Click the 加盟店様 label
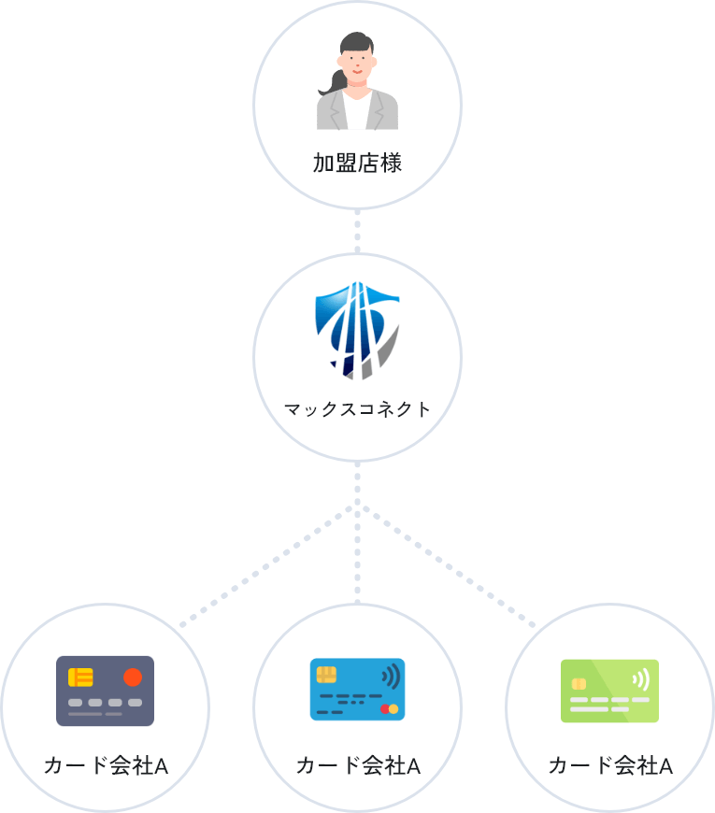357,164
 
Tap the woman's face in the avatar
358,61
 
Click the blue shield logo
357,332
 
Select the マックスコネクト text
357,409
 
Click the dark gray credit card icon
105,691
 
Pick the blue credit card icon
357,690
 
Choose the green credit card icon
609,691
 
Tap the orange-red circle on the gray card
133,677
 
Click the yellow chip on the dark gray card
80,677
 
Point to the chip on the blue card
326,675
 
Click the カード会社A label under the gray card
105,766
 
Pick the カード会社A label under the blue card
357,766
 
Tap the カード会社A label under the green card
609,766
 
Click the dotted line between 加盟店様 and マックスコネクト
357,231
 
